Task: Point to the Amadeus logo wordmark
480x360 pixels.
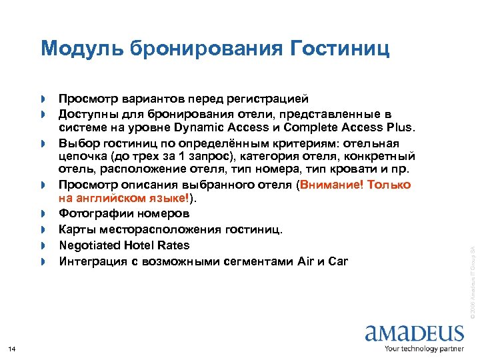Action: click(414, 333)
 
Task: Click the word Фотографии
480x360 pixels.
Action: click(92, 214)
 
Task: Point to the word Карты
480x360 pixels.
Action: click(76, 230)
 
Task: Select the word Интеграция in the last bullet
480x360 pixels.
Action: click(93, 261)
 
